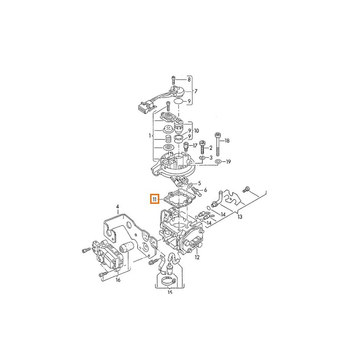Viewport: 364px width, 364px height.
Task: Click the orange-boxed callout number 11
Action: tap(155, 199)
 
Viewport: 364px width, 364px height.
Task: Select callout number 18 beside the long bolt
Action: tap(227, 141)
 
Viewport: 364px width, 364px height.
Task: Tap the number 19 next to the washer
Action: tap(228, 162)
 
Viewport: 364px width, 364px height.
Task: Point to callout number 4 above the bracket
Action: tap(117, 207)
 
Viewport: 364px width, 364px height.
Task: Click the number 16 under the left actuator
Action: tap(118, 280)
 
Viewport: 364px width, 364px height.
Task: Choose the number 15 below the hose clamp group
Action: tap(170, 293)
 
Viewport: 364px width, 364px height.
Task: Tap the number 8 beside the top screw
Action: tap(189, 79)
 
